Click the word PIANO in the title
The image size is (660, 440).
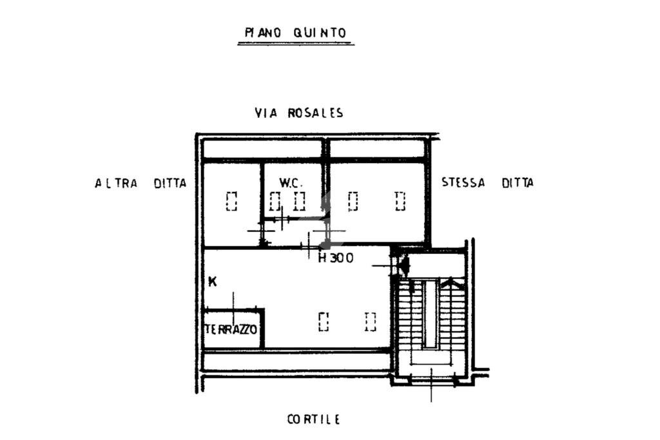click(x=263, y=33)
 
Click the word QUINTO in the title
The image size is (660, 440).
click(x=320, y=33)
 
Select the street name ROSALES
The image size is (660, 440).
click(x=315, y=113)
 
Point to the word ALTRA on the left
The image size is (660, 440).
click(x=116, y=184)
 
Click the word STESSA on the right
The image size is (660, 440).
click(x=463, y=182)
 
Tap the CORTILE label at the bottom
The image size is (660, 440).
click(x=314, y=419)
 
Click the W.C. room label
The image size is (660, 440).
click(x=291, y=183)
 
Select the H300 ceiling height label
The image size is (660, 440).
click(x=335, y=258)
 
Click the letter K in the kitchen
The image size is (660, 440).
click(x=213, y=282)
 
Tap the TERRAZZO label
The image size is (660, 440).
click(x=231, y=329)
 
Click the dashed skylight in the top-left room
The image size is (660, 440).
click(x=231, y=201)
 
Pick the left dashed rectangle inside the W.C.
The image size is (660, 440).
click(x=275, y=201)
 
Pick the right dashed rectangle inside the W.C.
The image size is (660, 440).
click(x=299, y=201)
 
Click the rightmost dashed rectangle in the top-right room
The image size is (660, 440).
click(x=400, y=201)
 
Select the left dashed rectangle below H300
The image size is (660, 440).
click(x=324, y=321)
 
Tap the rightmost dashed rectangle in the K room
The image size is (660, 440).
click(x=371, y=321)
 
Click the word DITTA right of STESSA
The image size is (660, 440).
click(x=518, y=182)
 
